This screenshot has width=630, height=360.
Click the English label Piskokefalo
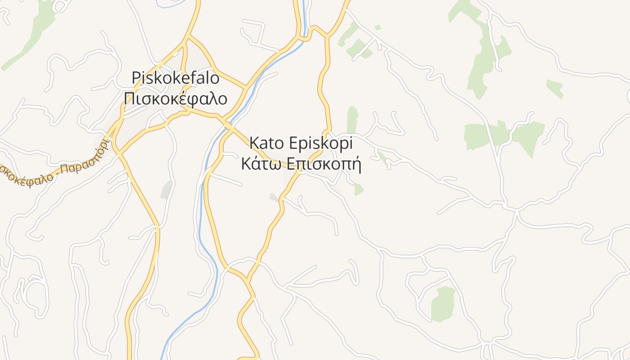click(x=175, y=78)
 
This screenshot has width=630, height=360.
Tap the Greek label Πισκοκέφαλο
click(x=175, y=99)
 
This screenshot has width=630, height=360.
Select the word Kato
click(x=266, y=143)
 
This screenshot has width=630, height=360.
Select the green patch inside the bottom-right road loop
click(x=443, y=304)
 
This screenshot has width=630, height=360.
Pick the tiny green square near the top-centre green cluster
click(x=378, y=27)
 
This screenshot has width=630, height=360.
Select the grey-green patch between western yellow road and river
click(x=166, y=190)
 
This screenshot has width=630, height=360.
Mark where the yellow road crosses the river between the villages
click(x=229, y=126)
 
